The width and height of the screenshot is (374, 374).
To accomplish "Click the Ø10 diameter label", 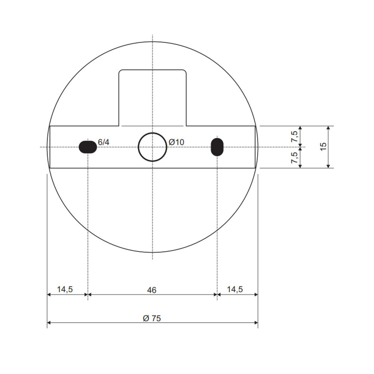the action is coord(176,142).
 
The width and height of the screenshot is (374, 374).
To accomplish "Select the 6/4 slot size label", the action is coord(104,142).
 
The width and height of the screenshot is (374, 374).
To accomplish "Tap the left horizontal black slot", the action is coord(88,147).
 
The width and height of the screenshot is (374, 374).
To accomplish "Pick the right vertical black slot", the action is coord(217,147).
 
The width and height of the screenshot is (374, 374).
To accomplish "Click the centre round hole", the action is coord(153,147).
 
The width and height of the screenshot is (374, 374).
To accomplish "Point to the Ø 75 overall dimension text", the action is coord(152,318).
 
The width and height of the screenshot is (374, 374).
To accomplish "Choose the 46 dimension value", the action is coord(152,290).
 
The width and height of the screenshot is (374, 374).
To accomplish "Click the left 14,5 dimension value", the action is coord(65,289).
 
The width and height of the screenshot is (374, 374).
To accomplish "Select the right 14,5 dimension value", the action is coord(235,289).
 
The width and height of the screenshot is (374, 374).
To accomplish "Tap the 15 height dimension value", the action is coord(323,146).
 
